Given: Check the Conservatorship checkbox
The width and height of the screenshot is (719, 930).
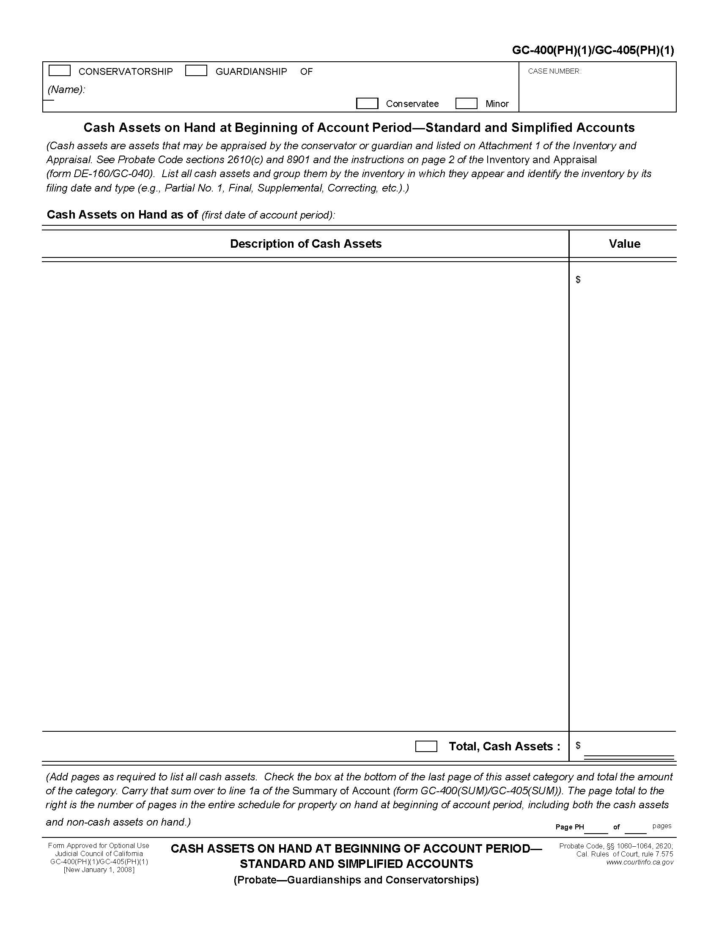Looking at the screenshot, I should click(x=60, y=71).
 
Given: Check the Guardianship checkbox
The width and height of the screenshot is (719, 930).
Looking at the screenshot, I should click(x=196, y=71).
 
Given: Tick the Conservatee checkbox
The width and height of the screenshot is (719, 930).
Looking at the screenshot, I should click(x=367, y=104).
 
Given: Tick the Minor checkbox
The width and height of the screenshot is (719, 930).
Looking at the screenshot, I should click(x=466, y=104).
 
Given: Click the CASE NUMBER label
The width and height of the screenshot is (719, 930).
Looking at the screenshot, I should click(x=554, y=71).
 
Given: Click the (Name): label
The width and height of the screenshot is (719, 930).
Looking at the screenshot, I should click(x=66, y=90).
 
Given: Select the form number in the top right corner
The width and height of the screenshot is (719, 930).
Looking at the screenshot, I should click(x=593, y=51).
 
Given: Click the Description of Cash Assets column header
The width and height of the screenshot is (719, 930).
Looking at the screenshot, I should click(x=305, y=243).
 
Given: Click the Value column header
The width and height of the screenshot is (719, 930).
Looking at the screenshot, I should click(x=624, y=243).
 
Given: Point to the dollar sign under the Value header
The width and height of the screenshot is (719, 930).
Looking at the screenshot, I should click(x=578, y=279).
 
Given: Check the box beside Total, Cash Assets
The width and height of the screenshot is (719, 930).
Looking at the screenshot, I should click(x=426, y=747).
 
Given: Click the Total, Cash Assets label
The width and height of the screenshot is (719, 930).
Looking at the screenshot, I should click(x=504, y=747).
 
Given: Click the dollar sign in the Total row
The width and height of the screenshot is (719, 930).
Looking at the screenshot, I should click(x=578, y=745).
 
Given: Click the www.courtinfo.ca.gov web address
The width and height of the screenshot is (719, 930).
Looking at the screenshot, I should click(x=640, y=862).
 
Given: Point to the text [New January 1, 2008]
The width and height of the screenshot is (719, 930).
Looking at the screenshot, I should click(x=99, y=870).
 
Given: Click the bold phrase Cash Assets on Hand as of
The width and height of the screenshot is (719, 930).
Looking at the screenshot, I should click(x=122, y=215).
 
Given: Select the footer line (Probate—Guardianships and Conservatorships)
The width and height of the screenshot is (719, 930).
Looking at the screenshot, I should click(x=356, y=880).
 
